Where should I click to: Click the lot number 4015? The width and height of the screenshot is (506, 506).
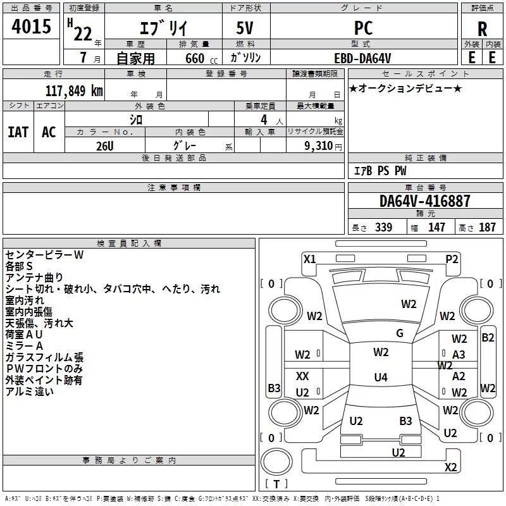coord(32,27)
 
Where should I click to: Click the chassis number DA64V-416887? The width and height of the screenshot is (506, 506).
coord(425,201)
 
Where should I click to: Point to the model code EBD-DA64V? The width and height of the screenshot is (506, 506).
coord(362,58)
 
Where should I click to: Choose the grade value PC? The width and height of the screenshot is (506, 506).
coord(364,28)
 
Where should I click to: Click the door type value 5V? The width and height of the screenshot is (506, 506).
coord(246,28)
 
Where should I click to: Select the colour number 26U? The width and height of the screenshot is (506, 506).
coord(104,145)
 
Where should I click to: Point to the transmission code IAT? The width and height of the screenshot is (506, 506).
coord(18,132)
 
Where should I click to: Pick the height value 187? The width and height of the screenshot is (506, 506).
coord(488,227)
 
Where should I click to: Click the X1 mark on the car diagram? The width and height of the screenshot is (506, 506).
coord(309,259)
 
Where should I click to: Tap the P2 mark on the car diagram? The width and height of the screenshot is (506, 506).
coord(452,259)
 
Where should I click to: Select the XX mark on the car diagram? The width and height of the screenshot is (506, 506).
coord(302,376)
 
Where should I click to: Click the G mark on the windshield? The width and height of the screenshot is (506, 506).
coord(400,333)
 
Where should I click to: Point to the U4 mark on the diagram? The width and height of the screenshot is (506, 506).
coord(380,378)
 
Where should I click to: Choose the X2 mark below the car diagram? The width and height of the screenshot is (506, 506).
coord(450,467)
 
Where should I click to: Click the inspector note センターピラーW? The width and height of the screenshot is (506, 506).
coord(44,254)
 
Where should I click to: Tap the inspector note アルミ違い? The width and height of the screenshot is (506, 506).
coord(30,392)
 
